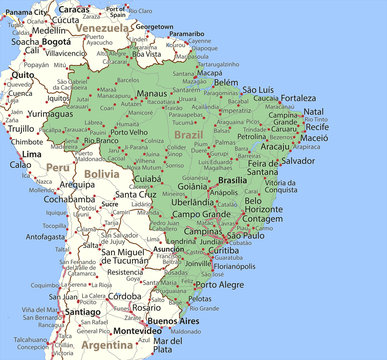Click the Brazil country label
pos(188,133)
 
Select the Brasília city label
pos(233,181)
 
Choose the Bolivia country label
pos(100,173)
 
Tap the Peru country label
pos(58,168)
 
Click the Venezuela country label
pos(105,29)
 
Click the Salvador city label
pos(298,160)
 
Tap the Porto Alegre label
pos(216,284)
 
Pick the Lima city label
pos(31,155)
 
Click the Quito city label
pos(21,75)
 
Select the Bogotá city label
pos(56,42)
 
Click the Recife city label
pos(317,127)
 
